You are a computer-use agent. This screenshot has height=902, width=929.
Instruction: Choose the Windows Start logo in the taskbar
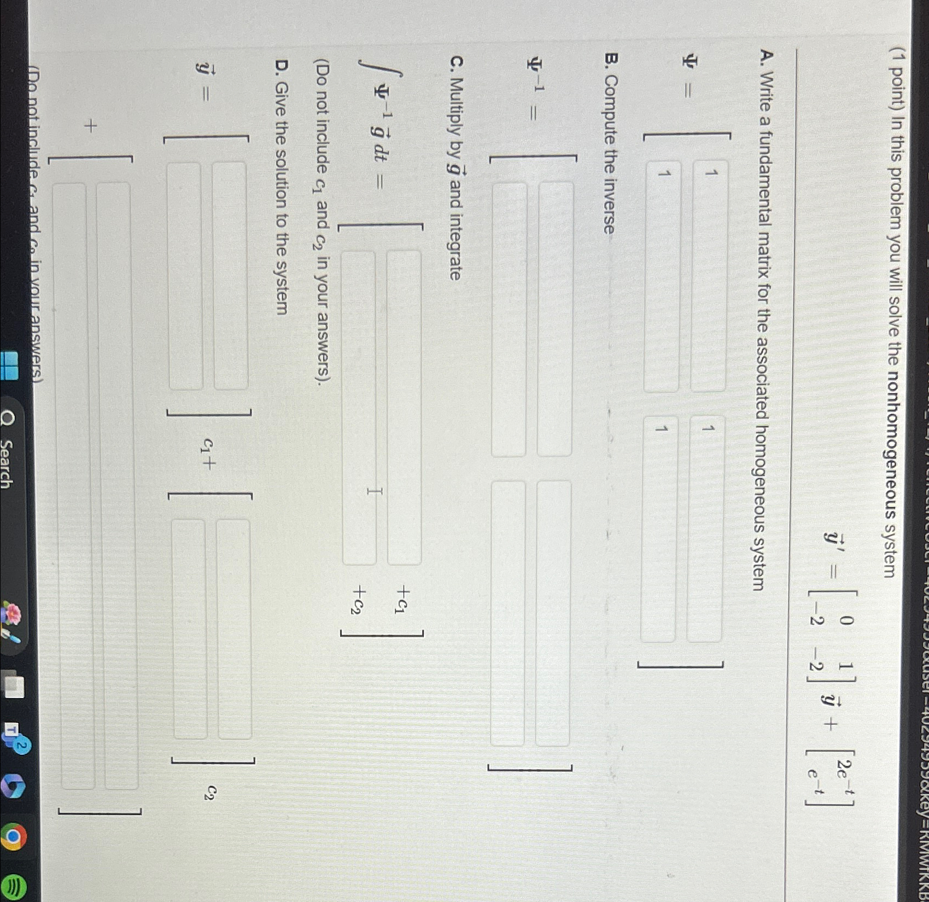click(10, 365)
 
